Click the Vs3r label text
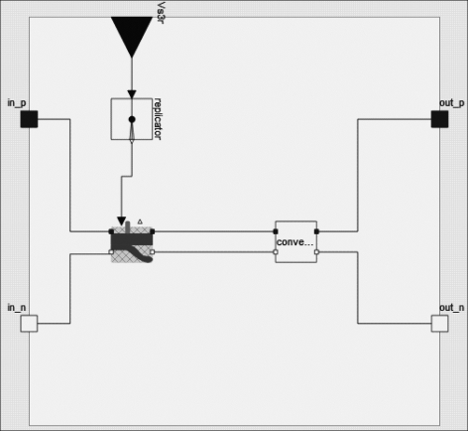[161, 13]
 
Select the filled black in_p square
[29, 119]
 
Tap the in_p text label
[17, 103]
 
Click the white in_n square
[29, 324]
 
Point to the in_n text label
[17, 308]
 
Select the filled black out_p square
[440, 119]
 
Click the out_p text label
[452, 103]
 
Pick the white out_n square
[440, 324]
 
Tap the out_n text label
[452, 308]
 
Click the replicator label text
[158, 119]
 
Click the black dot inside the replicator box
[132, 119]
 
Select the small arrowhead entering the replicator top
[132, 94]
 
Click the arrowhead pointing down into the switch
[122, 221]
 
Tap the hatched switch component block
[132, 244]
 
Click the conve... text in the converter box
[294, 242]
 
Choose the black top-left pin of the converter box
[276, 231]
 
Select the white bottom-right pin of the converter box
[316, 252]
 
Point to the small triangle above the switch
[140, 221]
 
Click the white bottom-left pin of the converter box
[276, 252]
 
